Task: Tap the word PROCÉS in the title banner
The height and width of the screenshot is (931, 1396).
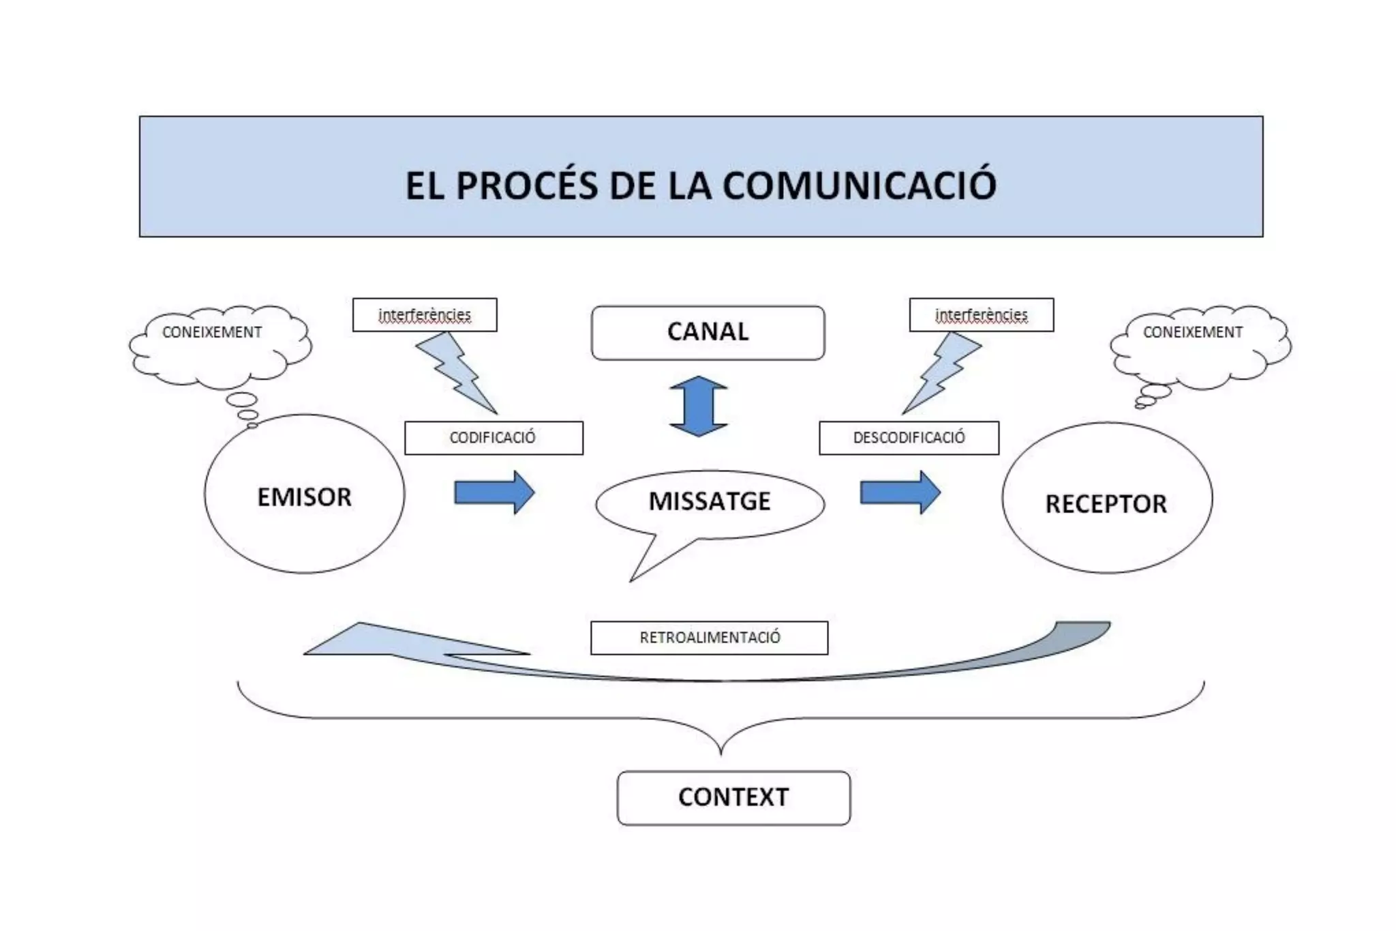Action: tap(526, 185)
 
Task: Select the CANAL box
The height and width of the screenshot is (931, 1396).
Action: tap(708, 332)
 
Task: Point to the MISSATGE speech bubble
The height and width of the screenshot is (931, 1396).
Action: tap(710, 501)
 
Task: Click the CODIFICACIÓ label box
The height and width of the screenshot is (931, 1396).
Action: tap(493, 438)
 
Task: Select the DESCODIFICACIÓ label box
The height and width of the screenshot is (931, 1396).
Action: tap(909, 438)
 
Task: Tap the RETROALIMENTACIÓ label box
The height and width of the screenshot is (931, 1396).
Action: tap(709, 638)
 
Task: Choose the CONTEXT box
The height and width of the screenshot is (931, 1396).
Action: tap(733, 797)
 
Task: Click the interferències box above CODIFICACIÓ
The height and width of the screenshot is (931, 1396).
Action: tap(425, 315)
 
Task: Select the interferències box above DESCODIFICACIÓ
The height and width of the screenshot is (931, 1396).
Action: tap(981, 315)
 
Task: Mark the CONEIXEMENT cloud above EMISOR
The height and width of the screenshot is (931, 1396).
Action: tap(218, 344)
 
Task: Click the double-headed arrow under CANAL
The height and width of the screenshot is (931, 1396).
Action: tap(699, 406)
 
